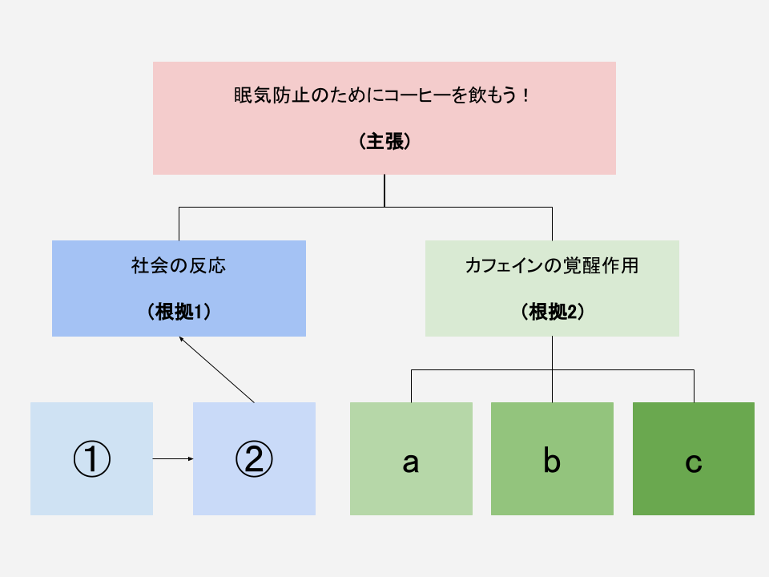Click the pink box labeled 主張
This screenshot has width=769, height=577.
click(x=384, y=119)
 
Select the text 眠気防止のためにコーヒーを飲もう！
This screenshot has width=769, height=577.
click(x=381, y=95)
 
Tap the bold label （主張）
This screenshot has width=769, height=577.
click(x=384, y=141)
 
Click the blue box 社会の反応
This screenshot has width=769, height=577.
click(x=179, y=288)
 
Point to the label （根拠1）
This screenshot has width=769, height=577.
click(x=179, y=312)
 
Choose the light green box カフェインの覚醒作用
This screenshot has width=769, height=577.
click(x=552, y=288)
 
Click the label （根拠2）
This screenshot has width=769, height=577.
click(x=552, y=312)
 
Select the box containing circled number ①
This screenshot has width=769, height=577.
click(x=91, y=458)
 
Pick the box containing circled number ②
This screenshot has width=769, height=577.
click(x=254, y=458)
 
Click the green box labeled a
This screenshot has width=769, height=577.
click(x=411, y=458)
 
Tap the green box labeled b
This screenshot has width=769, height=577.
click(x=552, y=458)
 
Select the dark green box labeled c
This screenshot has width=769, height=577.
click(x=694, y=458)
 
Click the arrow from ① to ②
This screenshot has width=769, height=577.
click(x=173, y=458)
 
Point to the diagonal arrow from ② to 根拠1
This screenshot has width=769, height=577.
click(x=217, y=369)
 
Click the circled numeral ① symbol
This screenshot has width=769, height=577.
click(x=91, y=458)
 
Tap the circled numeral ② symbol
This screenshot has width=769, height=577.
click(x=254, y=458)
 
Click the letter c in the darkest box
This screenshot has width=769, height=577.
click(x=694, y=462)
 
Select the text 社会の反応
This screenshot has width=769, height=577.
click(x=179, y=265)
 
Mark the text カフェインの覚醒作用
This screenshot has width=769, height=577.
click(x=552, y=265)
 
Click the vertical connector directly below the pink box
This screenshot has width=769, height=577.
click(x=384, y=191)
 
